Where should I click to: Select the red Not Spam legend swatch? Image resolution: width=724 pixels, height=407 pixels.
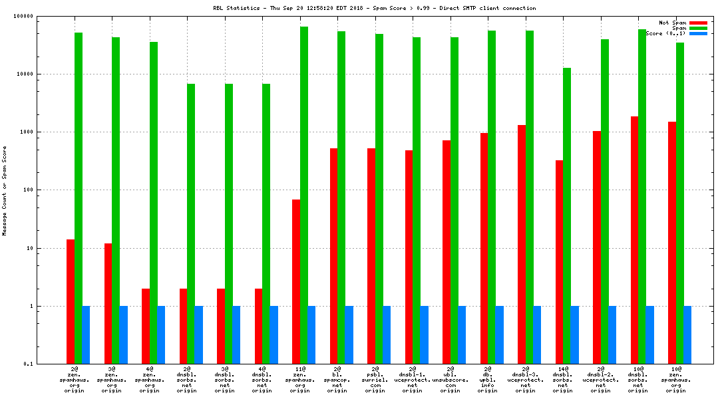pos(698,23)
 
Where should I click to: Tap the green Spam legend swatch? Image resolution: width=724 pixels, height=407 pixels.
pos(698,28)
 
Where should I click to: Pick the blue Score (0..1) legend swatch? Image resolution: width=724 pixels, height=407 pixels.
pos(698,33)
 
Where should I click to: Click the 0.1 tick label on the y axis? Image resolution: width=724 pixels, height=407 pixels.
pos(29,364)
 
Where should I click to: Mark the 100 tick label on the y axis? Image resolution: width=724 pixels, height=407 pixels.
pos(29,190)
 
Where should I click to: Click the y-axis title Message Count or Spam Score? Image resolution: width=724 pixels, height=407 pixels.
pos(5,190)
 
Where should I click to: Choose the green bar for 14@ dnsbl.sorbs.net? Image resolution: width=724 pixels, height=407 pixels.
pos(567,215)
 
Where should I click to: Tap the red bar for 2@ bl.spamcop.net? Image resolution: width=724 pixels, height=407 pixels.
pos(333,256)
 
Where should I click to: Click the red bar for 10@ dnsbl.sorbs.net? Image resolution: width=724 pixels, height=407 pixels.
pos(635,240)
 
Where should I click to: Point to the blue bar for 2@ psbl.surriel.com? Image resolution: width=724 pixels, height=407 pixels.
pos(387,335)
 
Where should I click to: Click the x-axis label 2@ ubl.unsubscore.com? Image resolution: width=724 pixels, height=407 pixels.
pos(450,379)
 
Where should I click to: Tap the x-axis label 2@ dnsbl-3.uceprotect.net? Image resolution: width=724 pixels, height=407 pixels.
pos(525,379)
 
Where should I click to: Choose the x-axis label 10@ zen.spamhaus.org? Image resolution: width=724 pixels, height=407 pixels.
pos(676,379)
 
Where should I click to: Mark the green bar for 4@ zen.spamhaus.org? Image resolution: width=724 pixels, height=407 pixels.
pos(153,203)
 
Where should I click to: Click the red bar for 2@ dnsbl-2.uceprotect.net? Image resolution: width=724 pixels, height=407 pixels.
pos(597,247)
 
